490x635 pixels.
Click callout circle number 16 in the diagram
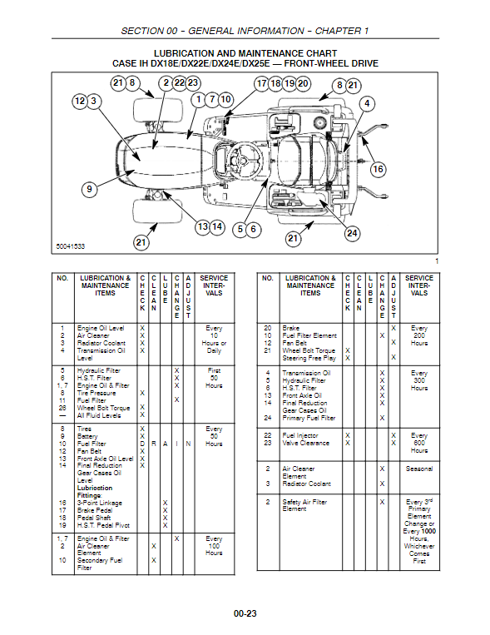pos(378,169)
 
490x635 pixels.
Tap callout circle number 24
pos(352,233)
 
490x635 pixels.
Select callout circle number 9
pos(90,189)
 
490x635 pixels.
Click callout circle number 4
pos(367,103)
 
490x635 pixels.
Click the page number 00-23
pos(245,613)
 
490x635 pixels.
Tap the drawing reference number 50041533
pos(71,246)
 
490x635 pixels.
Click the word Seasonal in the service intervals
pos(419,469)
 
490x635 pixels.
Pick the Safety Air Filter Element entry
pos(304,505)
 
